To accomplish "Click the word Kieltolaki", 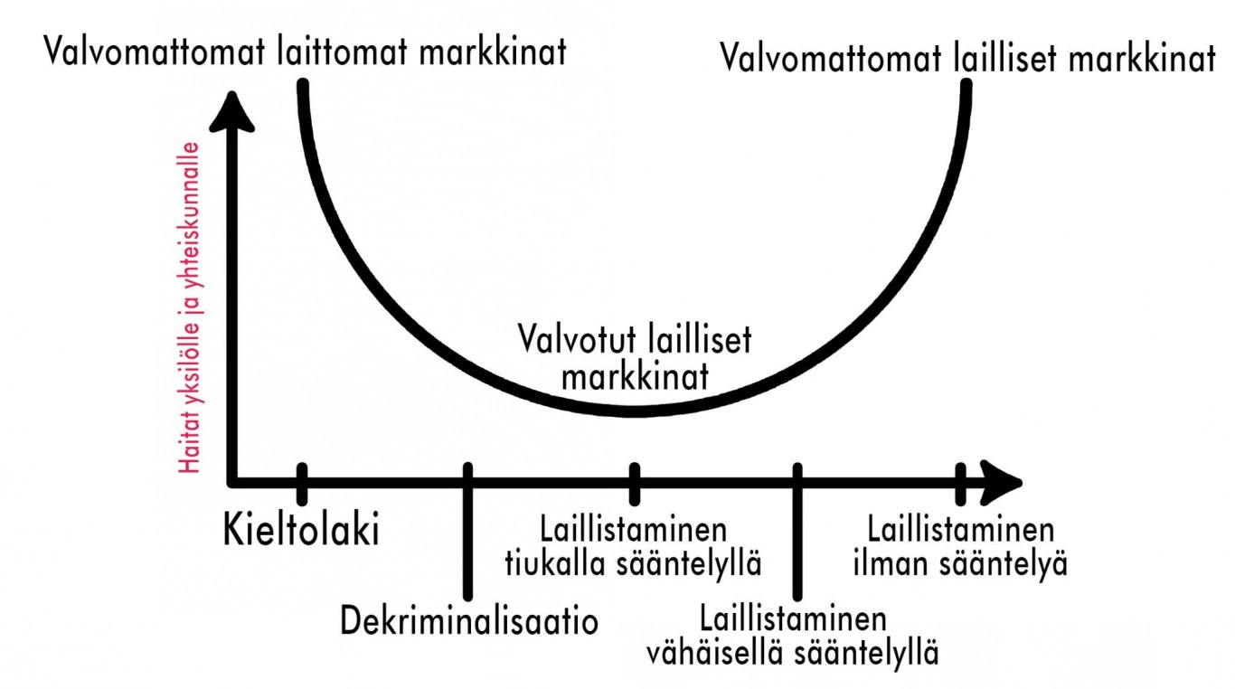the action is pyautogui.click(x=301, y=529).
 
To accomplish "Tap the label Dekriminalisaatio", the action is pyautogui.click(x=469, y=620).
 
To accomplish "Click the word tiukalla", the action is pyautogui.click(x=555, y=563).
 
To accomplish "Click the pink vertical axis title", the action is pyautogui.click(x=189, y=307).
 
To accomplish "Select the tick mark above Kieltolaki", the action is pyautogui.click(x=302, y=484).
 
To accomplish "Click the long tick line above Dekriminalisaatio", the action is pyautogui.click(x=467, y=532).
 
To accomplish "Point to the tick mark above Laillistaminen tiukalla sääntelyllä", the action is pyautogui.click(x=635, y=484).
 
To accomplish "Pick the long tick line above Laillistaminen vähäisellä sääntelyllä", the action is pyautogui.click(x=797, y=532).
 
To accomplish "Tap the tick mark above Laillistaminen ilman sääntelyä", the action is pyautogui.click(x=960, y=484).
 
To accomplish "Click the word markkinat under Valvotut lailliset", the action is pyautogui.click(x=635, y=378).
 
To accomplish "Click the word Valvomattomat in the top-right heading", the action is pyautogui.click(x=831, y=59).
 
